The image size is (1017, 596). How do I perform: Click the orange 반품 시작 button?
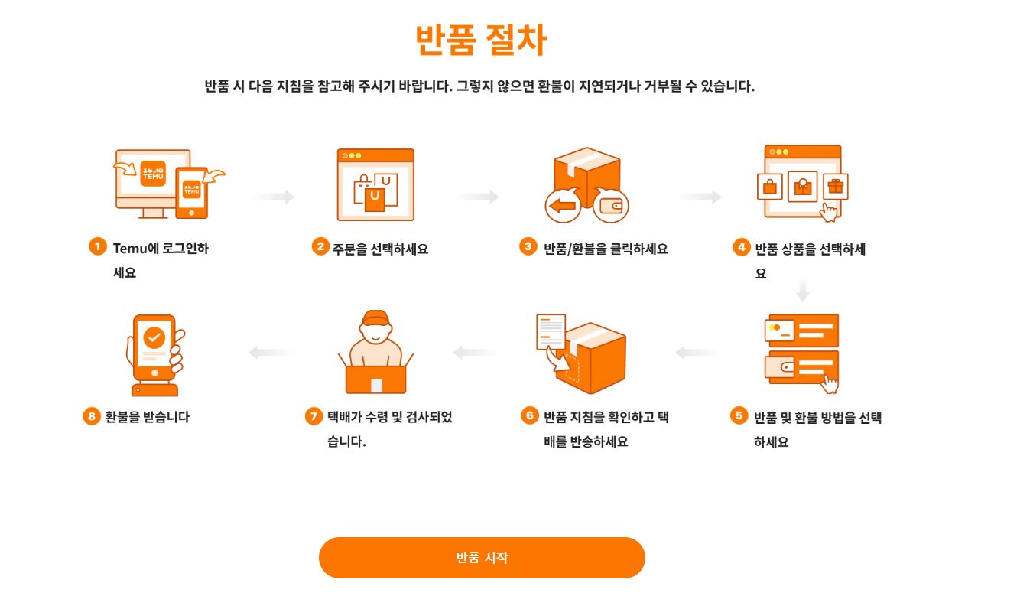[482, 558]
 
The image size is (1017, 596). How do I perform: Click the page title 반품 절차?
[481, 41]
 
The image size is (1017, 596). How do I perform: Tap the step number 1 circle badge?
[97, 246]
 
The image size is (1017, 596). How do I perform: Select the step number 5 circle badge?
[739, 415]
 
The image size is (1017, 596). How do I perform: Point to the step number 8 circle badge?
[92, 416]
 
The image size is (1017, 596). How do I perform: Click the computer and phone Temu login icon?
[169, 184]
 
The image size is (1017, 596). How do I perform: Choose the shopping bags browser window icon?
[375, 184]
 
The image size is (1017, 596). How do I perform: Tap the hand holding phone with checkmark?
[156, 353]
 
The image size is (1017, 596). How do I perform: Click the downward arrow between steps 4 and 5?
[802, 291]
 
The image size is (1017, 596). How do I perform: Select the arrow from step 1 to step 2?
[274, 197]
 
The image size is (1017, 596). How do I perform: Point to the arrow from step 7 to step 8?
[269, 353]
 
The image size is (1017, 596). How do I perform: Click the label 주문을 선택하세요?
[380, 249]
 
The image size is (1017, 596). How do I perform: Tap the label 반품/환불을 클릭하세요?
[606, 249]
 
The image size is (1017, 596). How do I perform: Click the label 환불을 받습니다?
[147, 417]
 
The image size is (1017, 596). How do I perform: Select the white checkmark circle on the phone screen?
[154, 337]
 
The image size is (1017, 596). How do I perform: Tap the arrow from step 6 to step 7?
[475, 353]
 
